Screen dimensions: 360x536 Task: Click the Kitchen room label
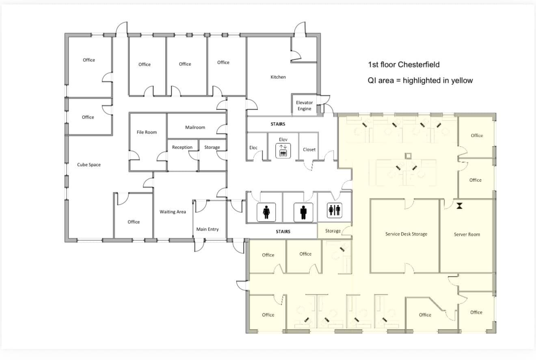tap(278, 77)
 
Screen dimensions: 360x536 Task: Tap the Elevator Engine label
tap(304, 106)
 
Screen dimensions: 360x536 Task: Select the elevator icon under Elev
tap(283, 153)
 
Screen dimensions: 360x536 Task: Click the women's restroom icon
tap(266, 212)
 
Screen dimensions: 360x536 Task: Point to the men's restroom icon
tap(303, 212)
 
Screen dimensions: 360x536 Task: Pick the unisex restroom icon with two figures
tap(335, 210)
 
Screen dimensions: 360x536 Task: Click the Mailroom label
tap(195, 127)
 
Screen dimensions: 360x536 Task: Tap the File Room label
tap(147, 132)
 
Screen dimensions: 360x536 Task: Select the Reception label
tap(182, 147)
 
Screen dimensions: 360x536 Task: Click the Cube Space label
tap(89, 165)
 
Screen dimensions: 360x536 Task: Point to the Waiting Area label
tap(173, 212)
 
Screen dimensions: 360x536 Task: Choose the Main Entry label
tap(207, 229)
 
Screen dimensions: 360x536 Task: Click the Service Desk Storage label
tap(406, 234)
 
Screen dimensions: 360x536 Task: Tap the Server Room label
tap(467, 234)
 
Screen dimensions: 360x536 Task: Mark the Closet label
tap(309, 149)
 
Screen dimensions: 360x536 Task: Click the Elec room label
tap(253, 147)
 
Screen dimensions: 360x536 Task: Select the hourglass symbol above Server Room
tap(459, 205)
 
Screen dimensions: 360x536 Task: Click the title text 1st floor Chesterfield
tap(404, 65)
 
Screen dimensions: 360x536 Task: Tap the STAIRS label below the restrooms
tap(283, 231)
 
